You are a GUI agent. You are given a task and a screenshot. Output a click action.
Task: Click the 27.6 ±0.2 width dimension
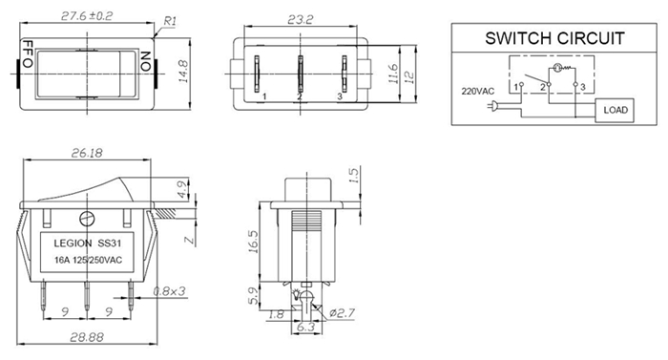[x=87, y=16]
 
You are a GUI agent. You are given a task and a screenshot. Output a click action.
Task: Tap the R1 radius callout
[x=170, y=21]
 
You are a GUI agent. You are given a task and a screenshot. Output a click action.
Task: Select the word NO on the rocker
[x=146, y=61]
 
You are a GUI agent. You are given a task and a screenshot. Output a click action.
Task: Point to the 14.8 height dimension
[x=183, y=72]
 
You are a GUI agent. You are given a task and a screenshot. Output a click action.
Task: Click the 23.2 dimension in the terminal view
[x=300, y=20]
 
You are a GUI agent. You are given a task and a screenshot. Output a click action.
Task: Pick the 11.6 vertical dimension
[x=393, y=74]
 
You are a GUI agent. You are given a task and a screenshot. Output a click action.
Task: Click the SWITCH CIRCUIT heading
[x=554, y=38]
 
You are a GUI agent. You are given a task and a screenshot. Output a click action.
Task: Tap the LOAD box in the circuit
[x=615, y=110]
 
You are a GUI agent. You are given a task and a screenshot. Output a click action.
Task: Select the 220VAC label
[x=477, y=92]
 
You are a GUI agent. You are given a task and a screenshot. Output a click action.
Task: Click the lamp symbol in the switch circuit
[x=556, y=67]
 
